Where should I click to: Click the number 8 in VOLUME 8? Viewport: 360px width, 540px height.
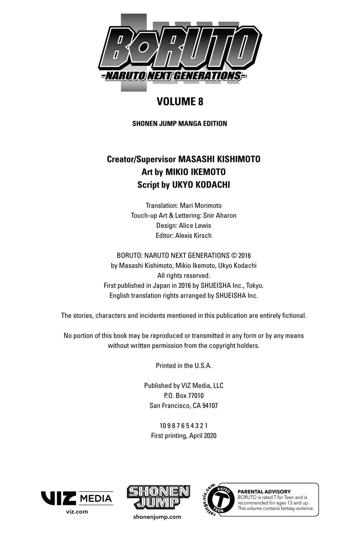200,102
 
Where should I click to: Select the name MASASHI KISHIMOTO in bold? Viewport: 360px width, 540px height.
219,159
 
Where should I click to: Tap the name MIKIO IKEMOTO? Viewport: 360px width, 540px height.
195,172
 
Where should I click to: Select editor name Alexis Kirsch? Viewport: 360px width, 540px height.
193,236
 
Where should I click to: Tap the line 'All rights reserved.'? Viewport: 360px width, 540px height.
184,275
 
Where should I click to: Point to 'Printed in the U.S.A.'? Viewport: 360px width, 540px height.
184,366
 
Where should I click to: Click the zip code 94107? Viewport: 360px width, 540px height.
210,406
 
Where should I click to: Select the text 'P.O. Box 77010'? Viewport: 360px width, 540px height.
184,396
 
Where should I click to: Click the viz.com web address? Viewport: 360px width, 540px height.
77,512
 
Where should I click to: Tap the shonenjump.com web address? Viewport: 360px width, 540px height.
157,517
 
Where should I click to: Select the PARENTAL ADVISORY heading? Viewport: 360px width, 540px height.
264,492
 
